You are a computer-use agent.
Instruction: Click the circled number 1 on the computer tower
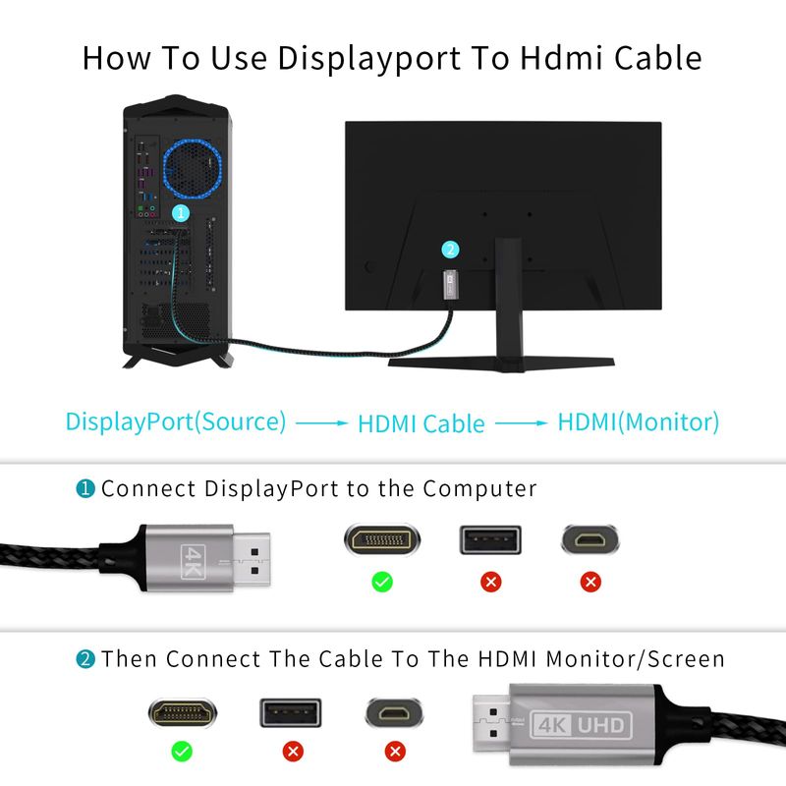pyautogui.click(x=181, y=213)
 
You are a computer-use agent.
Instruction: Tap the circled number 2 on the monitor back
pyautogui.click(x=450, y=250)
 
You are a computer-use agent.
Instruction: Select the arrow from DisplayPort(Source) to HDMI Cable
pyautogui.click(x=321, y=423)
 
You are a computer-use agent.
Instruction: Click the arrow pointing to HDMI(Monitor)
pyautogui.click(x=521, y=423)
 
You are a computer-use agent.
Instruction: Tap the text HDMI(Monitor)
pyautogui.click(x=638, y=422)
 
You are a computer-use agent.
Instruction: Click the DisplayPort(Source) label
pyautogui.click(x=176, y=421)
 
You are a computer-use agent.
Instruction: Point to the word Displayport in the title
pyautogui.click(x=369, y=59)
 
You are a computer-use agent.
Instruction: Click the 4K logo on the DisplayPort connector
pyautogui.click(x=193, y=561)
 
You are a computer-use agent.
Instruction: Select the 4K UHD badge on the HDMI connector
pyautogui.click(x=581, y=725)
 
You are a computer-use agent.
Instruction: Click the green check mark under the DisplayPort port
pyautogui.click(x=382, y=582)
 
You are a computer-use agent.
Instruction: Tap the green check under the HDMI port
pyautogui.click(x=182, y=751)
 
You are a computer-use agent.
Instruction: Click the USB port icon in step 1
pyautogui.click(x=490, y=540)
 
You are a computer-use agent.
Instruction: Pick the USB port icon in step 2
pyautogui.click(x=290, y=712)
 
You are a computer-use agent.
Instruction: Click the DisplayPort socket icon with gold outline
pyautogui.click(x=382, y=539)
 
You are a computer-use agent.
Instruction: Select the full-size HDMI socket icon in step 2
pyautogui.click(x=183, y=711)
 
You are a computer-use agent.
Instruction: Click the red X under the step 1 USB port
pyautogui.click(x=490, y=582)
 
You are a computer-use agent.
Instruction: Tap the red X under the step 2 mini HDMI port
pyautogui.click(x=395, y=751)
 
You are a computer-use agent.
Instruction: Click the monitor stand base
pyautogui.click(x=501, y=363)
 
